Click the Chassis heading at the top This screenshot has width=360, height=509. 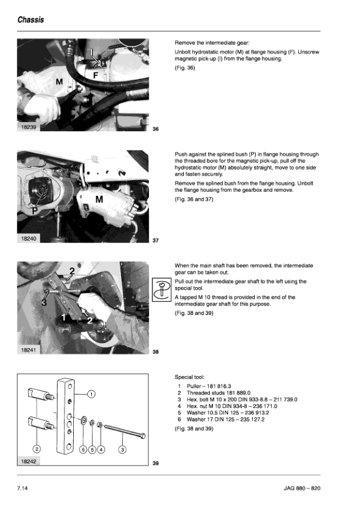(x=30, y=20)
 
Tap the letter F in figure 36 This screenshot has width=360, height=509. (x=96, y=76)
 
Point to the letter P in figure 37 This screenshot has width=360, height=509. (x=34, y=211)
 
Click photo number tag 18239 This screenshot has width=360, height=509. (x=28, y=127)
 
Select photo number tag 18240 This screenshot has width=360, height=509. (x=28, y=239)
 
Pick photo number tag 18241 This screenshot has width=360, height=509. (x=28, y=350)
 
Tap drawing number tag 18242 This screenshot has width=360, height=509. (x=28, y=461)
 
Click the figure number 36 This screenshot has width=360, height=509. (x=155, y=129)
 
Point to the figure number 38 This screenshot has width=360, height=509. (x=155, y=352)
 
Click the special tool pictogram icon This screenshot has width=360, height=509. (x=162, y=290)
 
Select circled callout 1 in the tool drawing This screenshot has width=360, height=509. (x=91, y=394)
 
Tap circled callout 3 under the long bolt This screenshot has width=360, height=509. (x=122, y=450)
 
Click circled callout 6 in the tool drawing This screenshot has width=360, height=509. (x=83, y=450)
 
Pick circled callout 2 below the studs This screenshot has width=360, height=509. (x=37, y=449)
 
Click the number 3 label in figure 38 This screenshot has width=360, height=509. (x=44, y=302)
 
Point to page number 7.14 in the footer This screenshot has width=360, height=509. (x=22, y=488)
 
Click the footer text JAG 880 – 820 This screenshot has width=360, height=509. (x=302, y=488)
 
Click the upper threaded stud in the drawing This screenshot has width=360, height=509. (x=40, y=394)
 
